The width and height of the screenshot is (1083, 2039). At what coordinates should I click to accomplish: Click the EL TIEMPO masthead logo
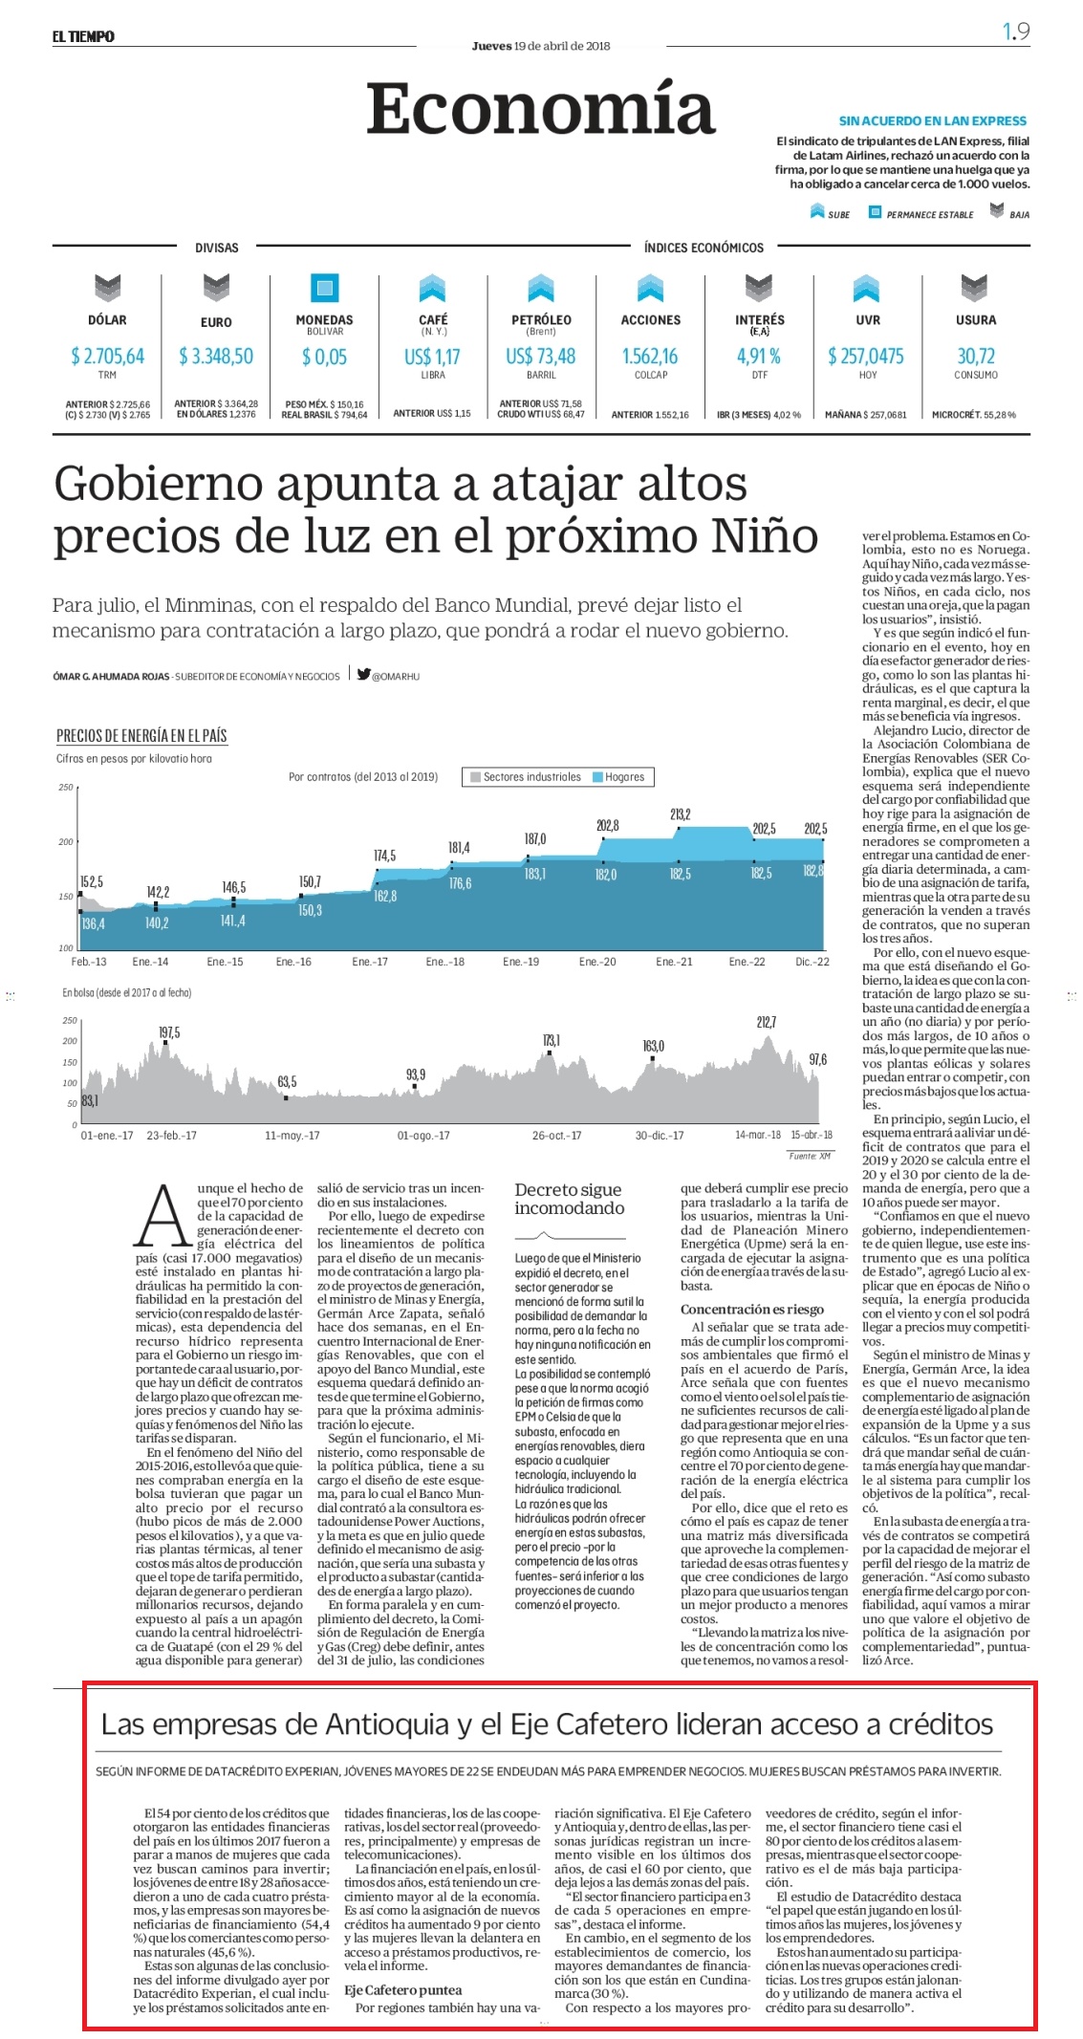[83, 36]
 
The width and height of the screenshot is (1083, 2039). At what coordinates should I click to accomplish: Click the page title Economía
[540, 109]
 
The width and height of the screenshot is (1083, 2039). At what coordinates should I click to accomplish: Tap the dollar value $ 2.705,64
[107, 357]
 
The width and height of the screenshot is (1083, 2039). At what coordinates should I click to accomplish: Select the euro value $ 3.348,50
[216, 357]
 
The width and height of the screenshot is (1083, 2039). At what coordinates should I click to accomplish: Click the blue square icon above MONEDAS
[325, 288]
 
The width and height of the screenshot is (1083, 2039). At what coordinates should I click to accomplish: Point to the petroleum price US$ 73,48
[541, 357]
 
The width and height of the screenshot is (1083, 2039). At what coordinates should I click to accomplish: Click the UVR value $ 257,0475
[866, 357]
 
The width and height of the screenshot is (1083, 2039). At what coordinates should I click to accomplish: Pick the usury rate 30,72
[976, 357]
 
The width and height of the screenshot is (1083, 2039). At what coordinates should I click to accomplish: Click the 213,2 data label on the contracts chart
[681, 814]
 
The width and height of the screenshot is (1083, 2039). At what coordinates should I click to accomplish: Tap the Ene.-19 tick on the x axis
[521, 962]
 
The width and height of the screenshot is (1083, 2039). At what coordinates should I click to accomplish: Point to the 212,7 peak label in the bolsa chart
[767, 1022]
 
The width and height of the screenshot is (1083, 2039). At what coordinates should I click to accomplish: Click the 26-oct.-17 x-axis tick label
[556, 1136]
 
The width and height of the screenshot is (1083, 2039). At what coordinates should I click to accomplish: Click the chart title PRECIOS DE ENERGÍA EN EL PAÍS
[141, 735]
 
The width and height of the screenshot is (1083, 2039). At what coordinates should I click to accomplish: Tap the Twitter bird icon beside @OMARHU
[363, 674]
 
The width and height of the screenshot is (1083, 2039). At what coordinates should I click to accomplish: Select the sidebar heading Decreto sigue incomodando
[569, 1199]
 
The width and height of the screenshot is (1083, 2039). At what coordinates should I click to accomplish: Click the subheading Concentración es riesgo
[751, 1310]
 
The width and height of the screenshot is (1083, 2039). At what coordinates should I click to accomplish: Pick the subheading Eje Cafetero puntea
[402, 1990]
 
